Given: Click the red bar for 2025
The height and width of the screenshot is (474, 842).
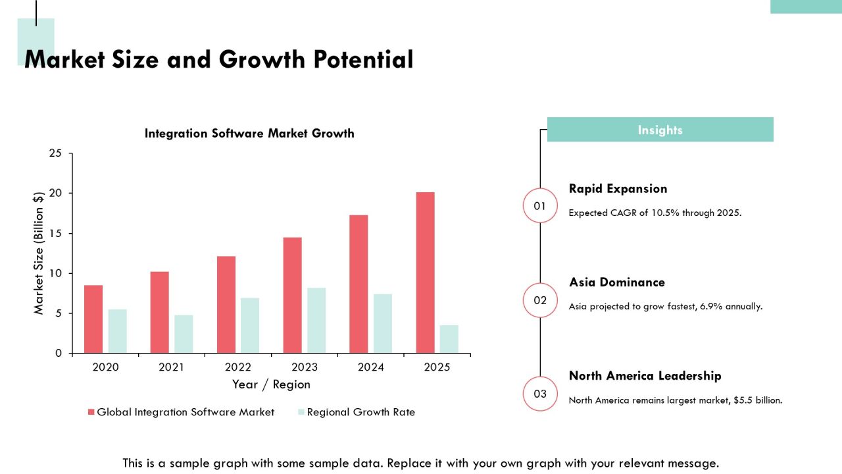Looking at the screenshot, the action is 425,273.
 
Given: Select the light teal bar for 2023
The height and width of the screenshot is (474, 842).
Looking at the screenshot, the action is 316,321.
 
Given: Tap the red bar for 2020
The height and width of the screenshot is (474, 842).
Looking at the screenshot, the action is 93,319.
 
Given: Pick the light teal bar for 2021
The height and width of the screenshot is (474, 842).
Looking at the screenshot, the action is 184,334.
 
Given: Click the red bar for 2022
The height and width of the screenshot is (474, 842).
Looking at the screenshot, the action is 226,305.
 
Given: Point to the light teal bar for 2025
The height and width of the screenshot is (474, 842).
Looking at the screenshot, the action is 449,339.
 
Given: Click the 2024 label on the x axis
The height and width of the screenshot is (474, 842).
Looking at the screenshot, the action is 370,367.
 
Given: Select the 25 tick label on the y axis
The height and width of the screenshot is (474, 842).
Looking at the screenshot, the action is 55,153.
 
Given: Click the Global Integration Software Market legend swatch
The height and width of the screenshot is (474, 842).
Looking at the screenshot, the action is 91,412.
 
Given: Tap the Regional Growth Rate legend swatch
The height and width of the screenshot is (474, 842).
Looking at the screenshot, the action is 301,412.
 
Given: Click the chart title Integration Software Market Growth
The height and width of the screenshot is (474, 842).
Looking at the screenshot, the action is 249,133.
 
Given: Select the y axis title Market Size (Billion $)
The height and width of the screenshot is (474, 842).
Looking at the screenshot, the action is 39,253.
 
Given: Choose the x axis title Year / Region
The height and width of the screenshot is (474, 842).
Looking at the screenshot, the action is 271,384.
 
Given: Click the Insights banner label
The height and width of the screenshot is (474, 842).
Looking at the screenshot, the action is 660,130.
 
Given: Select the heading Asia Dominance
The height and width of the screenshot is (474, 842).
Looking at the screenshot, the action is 617,282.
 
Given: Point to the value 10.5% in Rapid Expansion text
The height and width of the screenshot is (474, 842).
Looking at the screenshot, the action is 665,213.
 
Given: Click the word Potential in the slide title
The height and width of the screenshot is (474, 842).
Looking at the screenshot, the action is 364,59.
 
